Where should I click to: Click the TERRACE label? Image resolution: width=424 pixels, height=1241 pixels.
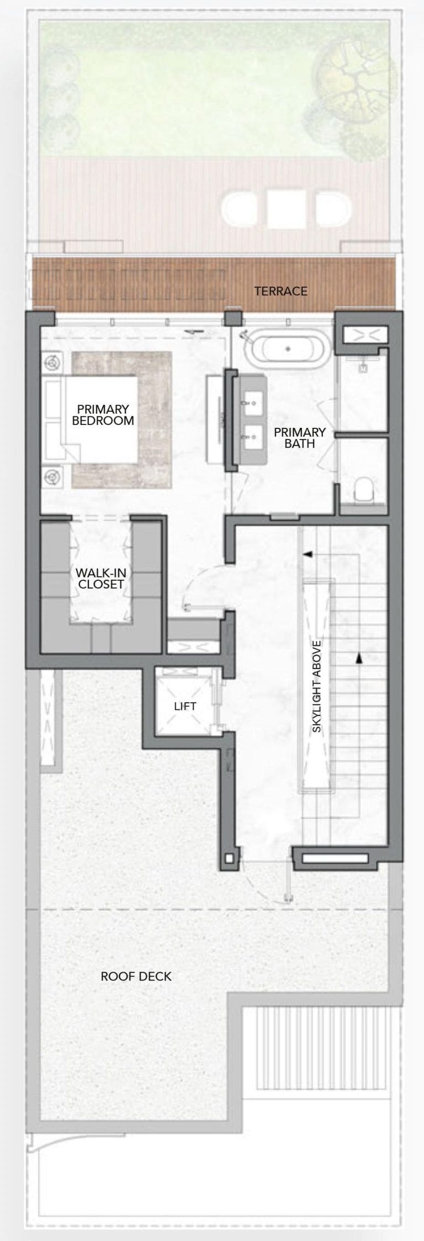pyautogui.click(x=280, y=291)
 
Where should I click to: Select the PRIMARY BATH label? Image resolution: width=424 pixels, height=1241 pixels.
pyautogui.click(x=300, y=437)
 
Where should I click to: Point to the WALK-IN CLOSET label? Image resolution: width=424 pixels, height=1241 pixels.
pyautogui.click(x=100, y=578)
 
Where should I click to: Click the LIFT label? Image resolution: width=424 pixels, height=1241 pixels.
pyautogui.click(x=185, y=706)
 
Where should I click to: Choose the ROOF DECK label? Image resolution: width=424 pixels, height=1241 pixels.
pyautogui.click(x=136, y=976)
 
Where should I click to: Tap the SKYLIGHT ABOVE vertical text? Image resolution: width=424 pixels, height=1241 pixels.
pyautogui.click(x=317, y=687)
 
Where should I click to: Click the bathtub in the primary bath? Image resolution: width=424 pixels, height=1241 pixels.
pyautogui.click(x=287, y=349)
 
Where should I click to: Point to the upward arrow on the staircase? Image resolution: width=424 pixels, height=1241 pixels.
pyautogui.click(x=359, y=657)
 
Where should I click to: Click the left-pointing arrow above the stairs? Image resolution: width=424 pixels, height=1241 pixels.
pyautogui.click(x=306, y=553)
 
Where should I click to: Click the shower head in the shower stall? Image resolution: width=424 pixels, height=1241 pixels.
pyautogui.click(x=363, y=365)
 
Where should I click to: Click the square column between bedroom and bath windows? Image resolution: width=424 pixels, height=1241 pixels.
pyautogui.click(x=232, y=319)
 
